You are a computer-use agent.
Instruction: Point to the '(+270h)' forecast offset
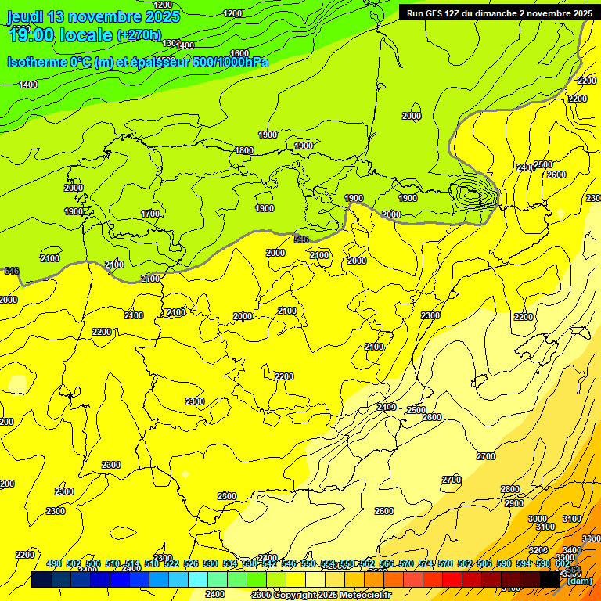(139, 35)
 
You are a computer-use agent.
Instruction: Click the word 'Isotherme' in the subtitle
(36, 62)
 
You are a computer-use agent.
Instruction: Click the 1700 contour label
(150, 214)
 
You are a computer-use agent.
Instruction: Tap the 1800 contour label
(244, 150)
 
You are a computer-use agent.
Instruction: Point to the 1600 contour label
(239, 53)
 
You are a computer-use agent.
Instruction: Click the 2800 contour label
(509, 489)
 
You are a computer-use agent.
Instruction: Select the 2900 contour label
(514, 503)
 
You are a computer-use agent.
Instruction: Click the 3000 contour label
(538, 519)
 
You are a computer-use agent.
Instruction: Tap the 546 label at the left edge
(11, 271)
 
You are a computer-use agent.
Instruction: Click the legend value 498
(54, 563)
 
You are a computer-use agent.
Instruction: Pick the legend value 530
(211, 563)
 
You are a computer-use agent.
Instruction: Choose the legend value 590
(504, 563)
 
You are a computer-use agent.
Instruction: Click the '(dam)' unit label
(579, 580)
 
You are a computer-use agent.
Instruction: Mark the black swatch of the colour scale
(550, 579)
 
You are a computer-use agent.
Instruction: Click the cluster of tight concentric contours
(471, 193)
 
